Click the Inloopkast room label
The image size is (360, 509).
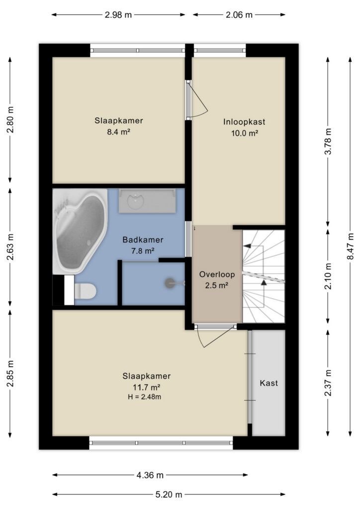[244, 122]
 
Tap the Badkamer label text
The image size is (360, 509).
[143, 240]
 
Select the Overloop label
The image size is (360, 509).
[217, 274]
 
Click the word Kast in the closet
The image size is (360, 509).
[269, 383]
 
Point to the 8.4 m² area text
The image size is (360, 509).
[119, 132]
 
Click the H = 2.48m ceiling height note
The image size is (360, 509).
[145, 397]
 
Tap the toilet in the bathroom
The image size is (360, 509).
[85, 291]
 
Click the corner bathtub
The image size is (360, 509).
[80, 231]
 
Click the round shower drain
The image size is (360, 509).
[170, 283]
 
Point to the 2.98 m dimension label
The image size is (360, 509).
[118, 15]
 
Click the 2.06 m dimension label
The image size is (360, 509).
[239, 15]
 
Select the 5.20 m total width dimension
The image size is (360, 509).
[169, 495]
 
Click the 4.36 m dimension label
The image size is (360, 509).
[150, 475]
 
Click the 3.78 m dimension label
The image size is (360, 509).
[328, 142]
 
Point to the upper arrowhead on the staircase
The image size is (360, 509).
[247, 246]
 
